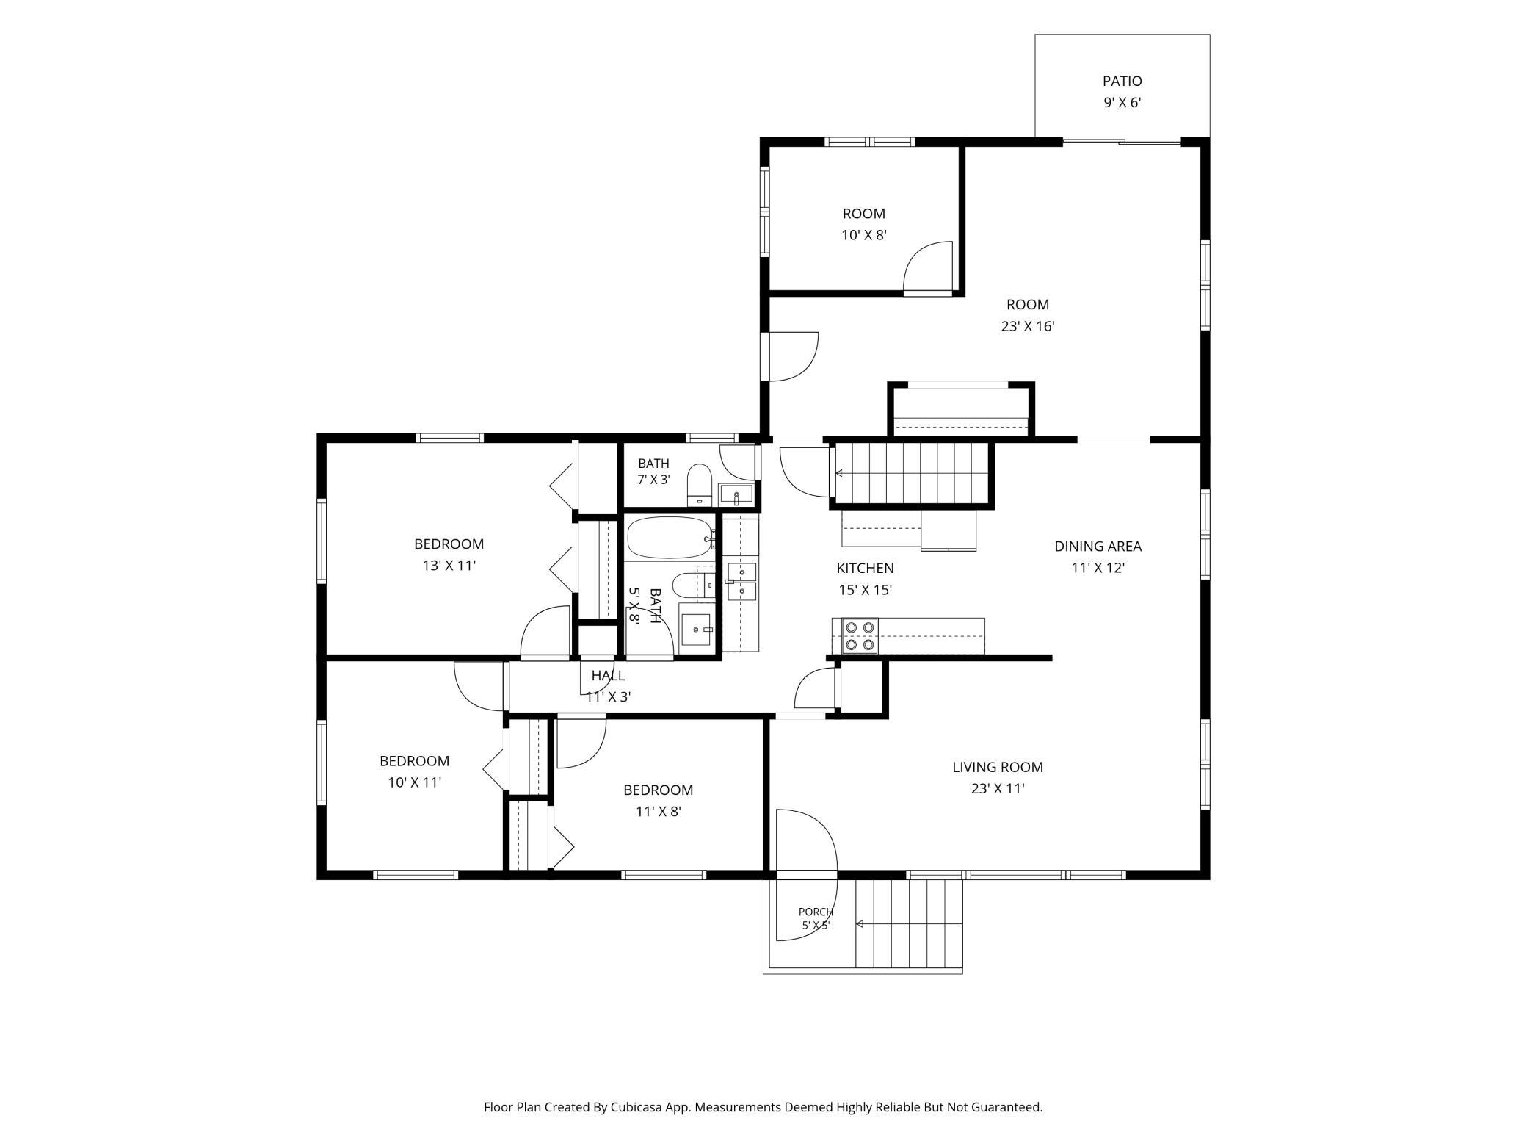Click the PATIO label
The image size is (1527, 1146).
pyautogui.click(x=1122, y=81)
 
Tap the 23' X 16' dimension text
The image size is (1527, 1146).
pyautogui.click(x=1027, y=326)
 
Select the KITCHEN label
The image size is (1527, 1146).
pyautogui.click(x=865, y=568)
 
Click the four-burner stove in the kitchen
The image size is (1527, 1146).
pyautogui.click(x=860, y=636)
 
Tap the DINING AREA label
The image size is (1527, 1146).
pyautogui.click(x=1098, y=547)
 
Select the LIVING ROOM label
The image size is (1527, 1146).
pyautogui.click(x=997, y=767)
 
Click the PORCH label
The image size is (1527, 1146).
pyautogui.click(x=816, y=912)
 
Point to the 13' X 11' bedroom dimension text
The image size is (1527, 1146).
pyautogui.click(x=449, y=566)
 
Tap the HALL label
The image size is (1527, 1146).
pyautogui.click(x=608, y=675)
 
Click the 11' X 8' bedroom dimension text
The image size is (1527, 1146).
pyautogui.click(x=659, y=812)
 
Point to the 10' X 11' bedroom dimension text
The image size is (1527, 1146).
pyautogui.click(x=415, y=782)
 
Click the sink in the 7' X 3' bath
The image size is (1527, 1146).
pyautogui.click(x=736, y=494)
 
